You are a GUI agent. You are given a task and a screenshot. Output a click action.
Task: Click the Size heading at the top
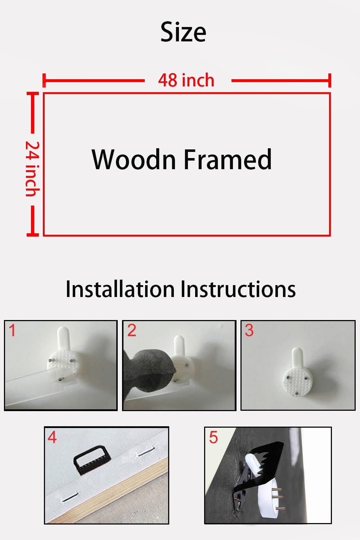tap(183, 32)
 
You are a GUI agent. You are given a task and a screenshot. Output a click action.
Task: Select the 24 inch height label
tap(32, 169)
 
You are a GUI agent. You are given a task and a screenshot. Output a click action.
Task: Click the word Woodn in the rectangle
tap(134, 159)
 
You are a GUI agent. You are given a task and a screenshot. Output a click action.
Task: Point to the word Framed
tap(228, 159)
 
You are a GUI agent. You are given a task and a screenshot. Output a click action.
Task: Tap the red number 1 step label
tap(12, 330)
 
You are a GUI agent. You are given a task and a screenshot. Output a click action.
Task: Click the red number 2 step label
tap(132, 330)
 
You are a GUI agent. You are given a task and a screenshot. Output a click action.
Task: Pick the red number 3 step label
tap(249, 330)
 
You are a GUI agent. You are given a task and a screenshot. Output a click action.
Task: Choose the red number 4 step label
tap(52, 437)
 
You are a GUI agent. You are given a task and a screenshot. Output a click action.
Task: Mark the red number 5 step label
tap(213, 437)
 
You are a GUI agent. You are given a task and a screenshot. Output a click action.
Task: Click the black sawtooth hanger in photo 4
tap(92, 460)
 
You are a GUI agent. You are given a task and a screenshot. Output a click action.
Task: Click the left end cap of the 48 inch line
tap(44, 80)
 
